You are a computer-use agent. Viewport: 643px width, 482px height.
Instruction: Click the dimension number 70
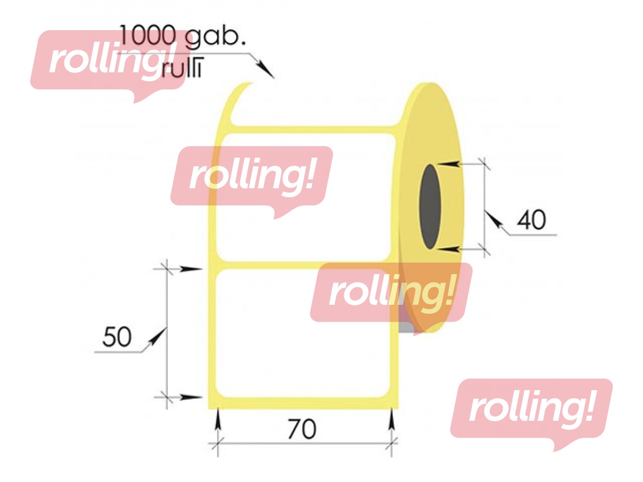[x=302, y=429]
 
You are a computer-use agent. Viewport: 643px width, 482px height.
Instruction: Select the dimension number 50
[x=117, y=337]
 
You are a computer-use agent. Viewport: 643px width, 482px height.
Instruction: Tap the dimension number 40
[x=531, y=220]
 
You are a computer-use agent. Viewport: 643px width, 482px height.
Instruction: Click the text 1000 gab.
[x=182, y=36]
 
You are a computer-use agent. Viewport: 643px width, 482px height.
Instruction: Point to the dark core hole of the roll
[x=430, y=206]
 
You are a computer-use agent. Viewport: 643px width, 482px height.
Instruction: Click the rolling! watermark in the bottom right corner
[x=531, y=409]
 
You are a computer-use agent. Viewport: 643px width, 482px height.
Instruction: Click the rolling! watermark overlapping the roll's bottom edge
[x=391, y=293]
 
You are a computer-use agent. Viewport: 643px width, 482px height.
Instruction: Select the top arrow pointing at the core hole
[x=448, y=164]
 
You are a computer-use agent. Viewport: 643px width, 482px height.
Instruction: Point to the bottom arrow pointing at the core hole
[x=448, y=248]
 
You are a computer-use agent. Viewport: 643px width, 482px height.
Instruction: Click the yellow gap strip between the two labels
[x=301, y=265]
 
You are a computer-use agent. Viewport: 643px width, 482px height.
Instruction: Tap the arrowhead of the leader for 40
[x=494, y=219]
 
